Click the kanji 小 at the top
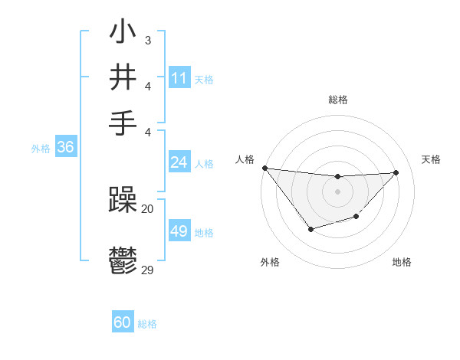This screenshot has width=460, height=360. (123, 34)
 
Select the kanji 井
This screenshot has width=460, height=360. (123, 78)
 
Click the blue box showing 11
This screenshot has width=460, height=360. (179, 78)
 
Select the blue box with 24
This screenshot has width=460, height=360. (179, 162)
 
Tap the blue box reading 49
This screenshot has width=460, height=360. (179, 231)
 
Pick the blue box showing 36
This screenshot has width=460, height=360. (65, 148)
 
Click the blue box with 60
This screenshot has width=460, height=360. (123, 322)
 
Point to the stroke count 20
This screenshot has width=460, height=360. (148, 208)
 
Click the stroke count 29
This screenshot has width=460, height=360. (148, 270)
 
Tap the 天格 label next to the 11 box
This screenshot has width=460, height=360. (204, 80)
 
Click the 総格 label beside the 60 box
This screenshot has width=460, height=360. (147, 324)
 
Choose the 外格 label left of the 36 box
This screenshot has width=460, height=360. (41, 149)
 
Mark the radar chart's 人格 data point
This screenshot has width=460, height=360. (264, 168)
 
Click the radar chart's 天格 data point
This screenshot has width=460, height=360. (396, 172)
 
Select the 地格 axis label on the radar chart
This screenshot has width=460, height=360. (402, 262)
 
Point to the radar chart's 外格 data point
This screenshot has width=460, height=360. (310, 229)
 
